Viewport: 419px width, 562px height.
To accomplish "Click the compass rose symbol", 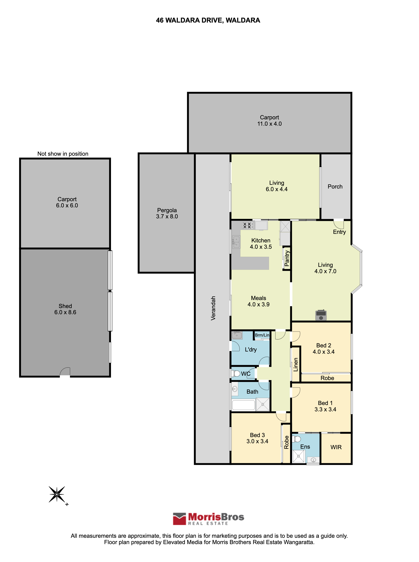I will pos(57,494).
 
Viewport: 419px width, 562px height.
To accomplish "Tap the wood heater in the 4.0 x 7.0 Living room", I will pos(321,315).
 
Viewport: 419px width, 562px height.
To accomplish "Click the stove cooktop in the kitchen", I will pos(247,225).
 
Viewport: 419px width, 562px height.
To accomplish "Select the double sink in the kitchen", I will pos(236,242).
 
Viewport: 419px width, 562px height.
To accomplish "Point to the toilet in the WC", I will pos(236,373).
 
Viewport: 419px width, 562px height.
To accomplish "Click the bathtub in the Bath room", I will pos(243,405).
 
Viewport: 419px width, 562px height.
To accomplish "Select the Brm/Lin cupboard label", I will pos(262,335).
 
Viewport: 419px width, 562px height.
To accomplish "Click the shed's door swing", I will pos(65,372).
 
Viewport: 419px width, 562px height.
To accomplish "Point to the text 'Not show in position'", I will pos(63,154).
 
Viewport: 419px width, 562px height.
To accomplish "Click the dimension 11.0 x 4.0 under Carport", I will pos(269,124).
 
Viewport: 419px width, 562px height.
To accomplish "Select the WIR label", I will pos(336,447).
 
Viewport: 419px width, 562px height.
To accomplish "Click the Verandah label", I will pos(213,308).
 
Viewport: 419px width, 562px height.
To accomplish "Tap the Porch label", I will pos(335,187).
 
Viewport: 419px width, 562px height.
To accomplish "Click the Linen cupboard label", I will pos(296,365).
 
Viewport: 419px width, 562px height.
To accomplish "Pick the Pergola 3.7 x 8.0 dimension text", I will pos(167,216).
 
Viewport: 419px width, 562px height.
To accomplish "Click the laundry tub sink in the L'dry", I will pos(237,335).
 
